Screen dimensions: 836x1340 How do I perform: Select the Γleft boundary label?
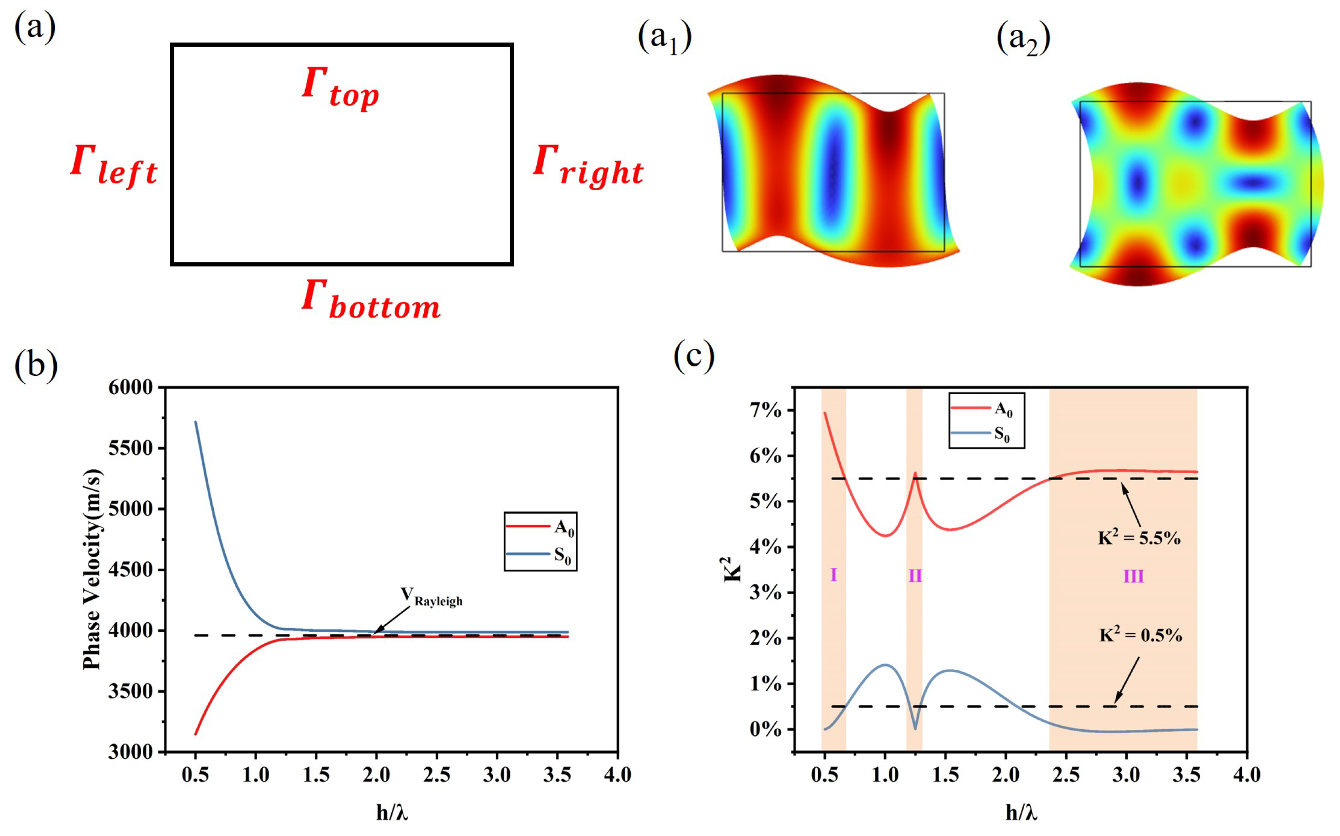[x=114, y=165]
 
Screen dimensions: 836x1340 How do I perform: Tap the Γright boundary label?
[x=588, y=165]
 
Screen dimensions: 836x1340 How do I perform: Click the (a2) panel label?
[x=1023, y=39]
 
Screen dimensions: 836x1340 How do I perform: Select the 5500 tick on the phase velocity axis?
[x=130, y=448]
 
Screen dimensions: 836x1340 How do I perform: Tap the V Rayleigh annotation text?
[x=432, y=597]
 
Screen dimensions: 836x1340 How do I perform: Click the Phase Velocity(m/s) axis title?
[x=92, y=570]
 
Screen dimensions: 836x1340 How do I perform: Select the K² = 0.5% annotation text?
[x=1140, y=635]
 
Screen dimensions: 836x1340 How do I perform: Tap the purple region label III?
[x=1133, y=577]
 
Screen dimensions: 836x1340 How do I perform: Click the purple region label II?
[x=915, y=576]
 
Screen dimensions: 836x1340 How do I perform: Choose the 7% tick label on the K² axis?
[x=765, y=411]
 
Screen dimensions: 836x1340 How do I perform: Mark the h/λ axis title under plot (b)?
[x=392, y=812]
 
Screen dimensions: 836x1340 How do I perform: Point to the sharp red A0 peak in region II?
[x=915, y=474]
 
